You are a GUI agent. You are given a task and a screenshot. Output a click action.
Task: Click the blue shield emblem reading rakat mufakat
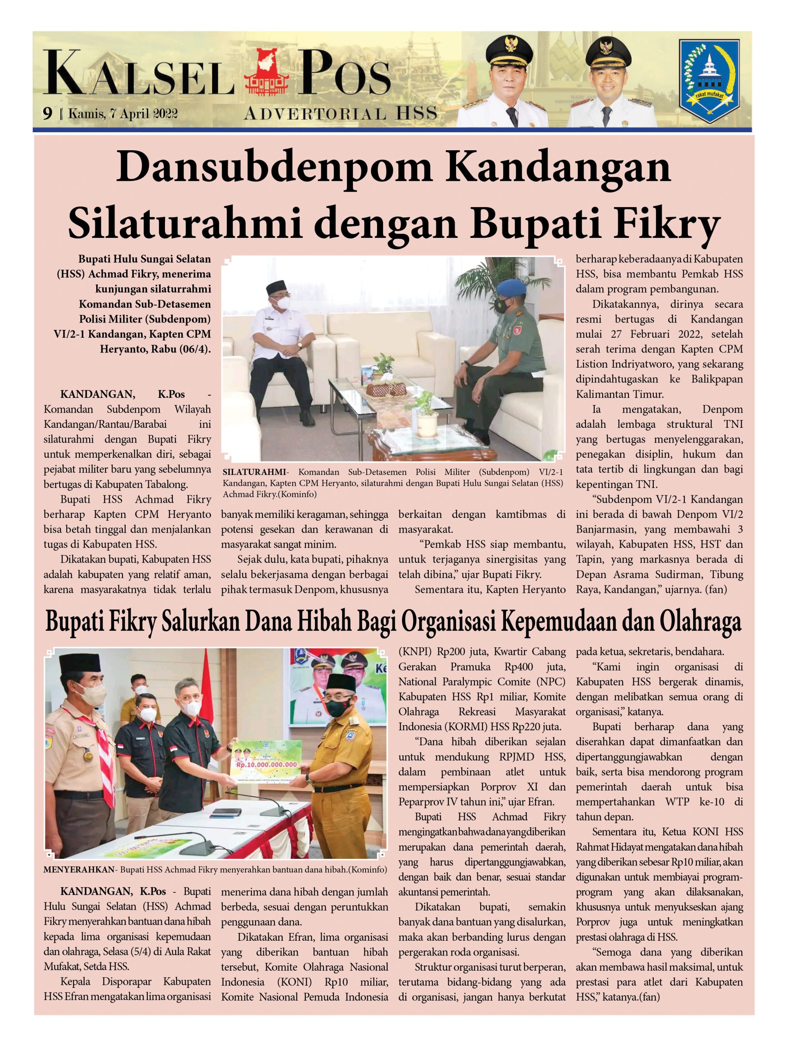point(709,80)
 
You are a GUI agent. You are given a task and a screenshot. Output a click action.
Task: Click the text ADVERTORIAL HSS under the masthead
point(340,114)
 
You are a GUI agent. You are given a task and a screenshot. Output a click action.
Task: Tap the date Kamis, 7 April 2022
point(123,114)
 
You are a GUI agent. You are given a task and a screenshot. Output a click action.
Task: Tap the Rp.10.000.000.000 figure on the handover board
point(267,765)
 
